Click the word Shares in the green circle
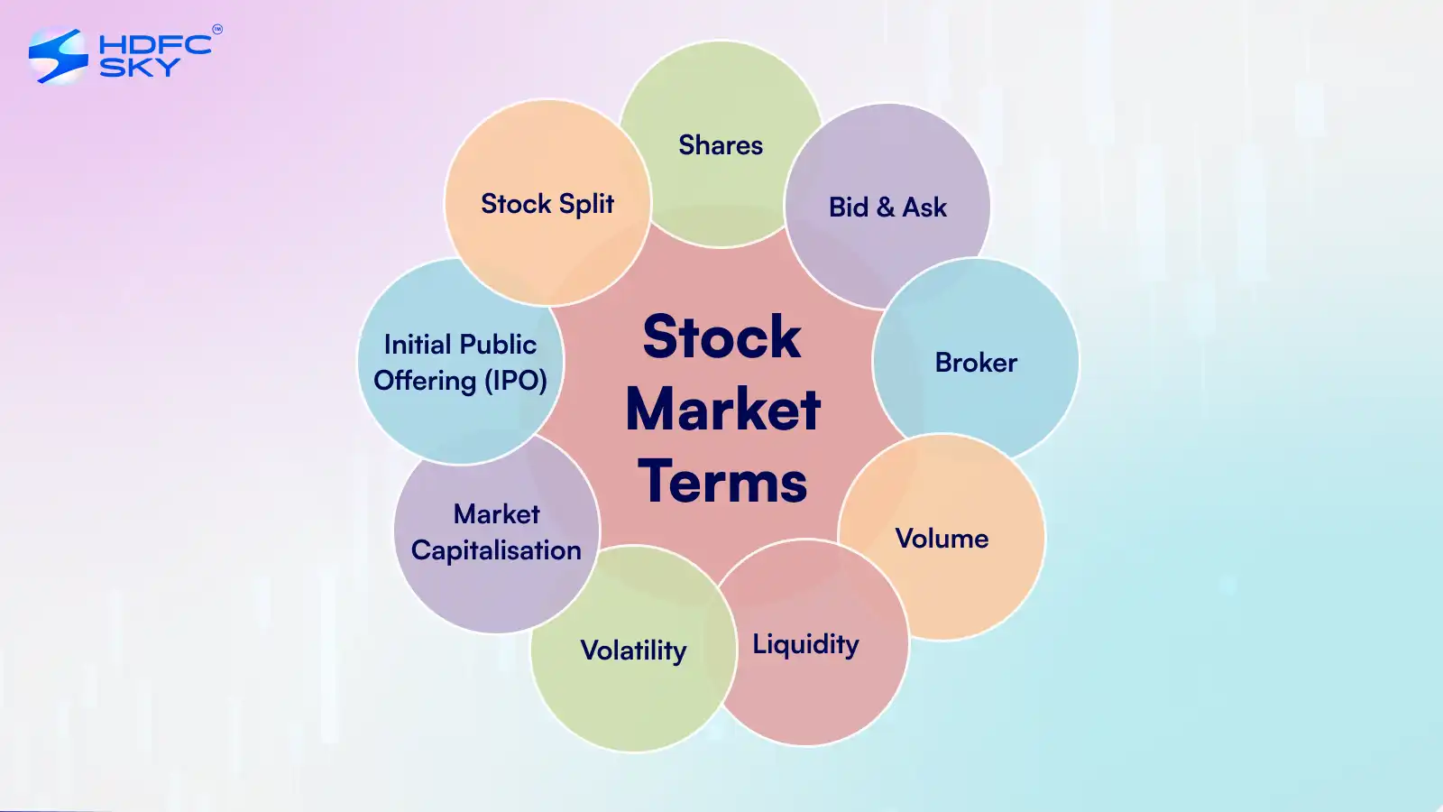(721, 145)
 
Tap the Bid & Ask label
(887, 208)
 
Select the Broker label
(976, 362)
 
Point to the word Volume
(942, 538)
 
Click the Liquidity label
(806, 644)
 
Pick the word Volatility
(633, 651)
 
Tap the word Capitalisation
(496, 551)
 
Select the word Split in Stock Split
(586, 204)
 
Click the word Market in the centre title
(722, 410)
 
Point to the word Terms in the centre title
(722, 482)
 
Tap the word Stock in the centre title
(721, 337)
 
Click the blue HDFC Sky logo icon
(58, 55)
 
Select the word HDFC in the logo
(155, 44)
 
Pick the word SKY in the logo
(140, 67)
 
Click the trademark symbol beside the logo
(217, 29)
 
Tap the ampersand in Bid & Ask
(886, 208)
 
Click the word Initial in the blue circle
(416, 344)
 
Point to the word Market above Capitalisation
(496, 514)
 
